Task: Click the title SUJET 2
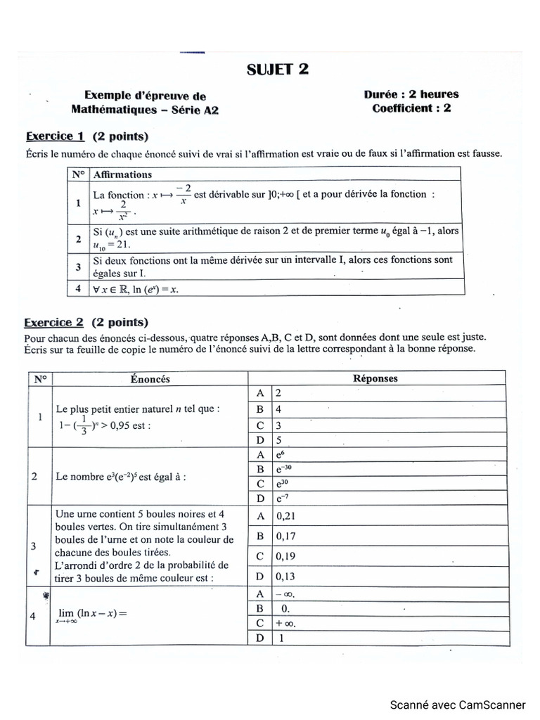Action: pos(276,69)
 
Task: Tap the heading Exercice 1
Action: pos(56,136)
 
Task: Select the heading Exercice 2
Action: pos(56,323)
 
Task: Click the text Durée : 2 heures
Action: pos(411,94)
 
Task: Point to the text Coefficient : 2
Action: pos(411,108)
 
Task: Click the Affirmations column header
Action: pos(122,174)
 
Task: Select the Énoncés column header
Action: pos(150,378)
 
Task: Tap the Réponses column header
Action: pos(376,378)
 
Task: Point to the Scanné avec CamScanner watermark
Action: pos(458,705)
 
